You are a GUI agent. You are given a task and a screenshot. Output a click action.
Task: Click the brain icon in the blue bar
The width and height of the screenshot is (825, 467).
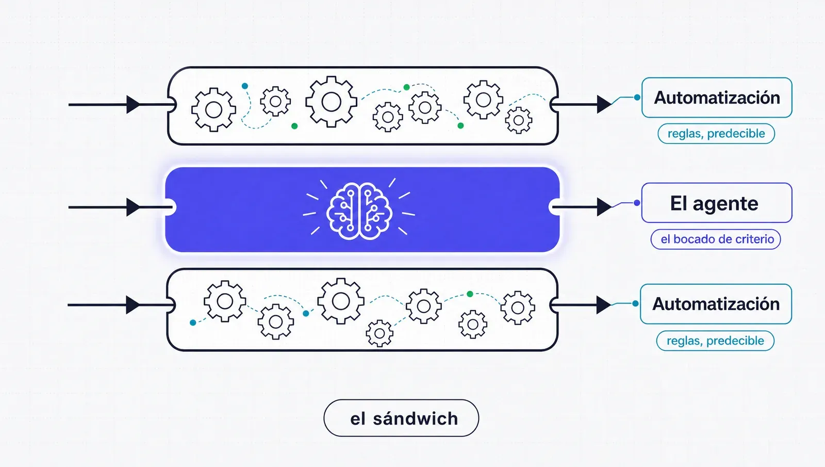click(359, 211)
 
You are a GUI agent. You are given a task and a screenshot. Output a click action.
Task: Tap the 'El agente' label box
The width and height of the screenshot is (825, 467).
click(716, 203)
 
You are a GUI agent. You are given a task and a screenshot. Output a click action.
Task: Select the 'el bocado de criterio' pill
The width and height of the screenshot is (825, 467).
click(716, 239)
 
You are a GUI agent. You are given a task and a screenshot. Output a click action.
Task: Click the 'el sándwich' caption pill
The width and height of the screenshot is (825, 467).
click(401, 418)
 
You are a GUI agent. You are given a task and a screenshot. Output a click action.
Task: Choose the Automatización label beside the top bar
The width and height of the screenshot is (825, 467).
click(717, 98)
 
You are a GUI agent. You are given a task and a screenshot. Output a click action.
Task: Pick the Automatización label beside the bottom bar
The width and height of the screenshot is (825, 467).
click(716, 304)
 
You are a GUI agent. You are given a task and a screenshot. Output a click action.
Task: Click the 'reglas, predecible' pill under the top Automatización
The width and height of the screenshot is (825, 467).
click(716, 134)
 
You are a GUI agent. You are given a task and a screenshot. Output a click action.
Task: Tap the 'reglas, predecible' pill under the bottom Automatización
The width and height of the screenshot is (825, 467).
click(715, 341)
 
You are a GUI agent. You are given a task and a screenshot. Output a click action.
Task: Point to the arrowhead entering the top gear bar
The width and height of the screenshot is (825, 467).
click(133, 105)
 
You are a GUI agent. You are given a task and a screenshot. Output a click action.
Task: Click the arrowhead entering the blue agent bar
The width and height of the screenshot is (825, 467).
click(133, 207)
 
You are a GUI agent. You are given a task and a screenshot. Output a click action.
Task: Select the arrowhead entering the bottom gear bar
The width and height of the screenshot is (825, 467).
click(133, 305)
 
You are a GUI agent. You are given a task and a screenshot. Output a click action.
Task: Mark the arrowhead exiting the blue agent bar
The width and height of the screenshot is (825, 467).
click(604, 207)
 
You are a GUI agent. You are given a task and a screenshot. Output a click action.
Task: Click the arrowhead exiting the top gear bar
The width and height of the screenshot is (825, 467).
click(604, 104)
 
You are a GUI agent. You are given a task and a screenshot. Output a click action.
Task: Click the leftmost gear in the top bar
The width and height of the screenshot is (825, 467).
click(213, 110)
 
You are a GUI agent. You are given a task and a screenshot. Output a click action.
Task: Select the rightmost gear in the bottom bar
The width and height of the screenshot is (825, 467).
click(518, 308)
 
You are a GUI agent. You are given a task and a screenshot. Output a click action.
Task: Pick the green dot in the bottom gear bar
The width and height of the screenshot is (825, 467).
click(470, 294)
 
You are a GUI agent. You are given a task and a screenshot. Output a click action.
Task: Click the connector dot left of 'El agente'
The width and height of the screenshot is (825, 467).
click(637, 203)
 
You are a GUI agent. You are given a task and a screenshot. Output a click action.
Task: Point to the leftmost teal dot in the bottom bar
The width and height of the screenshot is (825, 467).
click(193, 323)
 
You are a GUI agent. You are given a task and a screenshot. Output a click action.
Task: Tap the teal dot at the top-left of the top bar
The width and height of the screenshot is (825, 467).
click(245, 86)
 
